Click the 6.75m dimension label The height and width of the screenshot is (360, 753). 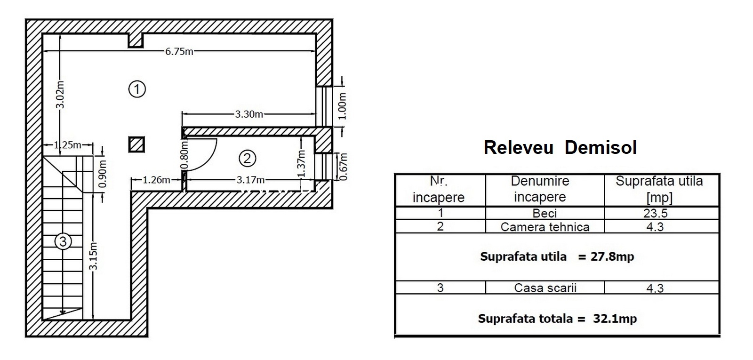click(179, 52)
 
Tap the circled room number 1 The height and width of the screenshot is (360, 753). click(137, 89)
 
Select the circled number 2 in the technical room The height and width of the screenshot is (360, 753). click(248, 158)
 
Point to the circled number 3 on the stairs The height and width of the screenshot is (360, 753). click(63, 241)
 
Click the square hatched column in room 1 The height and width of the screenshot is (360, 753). click(136, 145)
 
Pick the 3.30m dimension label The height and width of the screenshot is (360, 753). click(249, 114)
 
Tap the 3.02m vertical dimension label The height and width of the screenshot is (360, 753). click(60, 95)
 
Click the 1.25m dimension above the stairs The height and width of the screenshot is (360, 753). click(68, 145)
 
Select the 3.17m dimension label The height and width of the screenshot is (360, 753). click(250, 180)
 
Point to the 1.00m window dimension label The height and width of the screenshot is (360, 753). click(342, 106)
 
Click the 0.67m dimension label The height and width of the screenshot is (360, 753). click(343, 167)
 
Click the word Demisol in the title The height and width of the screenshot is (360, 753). click(601, 147)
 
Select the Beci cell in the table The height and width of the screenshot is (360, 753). click(545, 214)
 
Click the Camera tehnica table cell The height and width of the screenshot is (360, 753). click(545, 227)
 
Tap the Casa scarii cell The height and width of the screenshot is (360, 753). click(545, 288)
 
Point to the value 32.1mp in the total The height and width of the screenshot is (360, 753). click(615, 318)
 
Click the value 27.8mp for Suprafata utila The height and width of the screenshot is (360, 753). click(612, 256)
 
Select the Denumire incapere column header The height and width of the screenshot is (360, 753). click(540, 189)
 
